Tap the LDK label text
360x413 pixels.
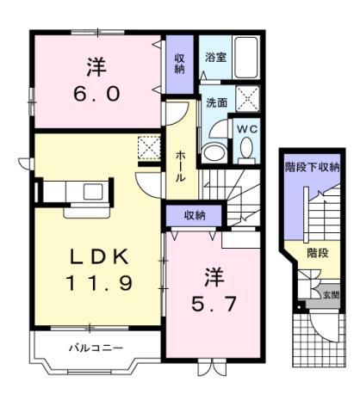tap(98, 256)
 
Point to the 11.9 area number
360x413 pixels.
tap(100, 283)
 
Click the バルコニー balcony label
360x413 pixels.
tap(96, 348)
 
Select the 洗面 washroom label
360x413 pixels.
tap(215, 103)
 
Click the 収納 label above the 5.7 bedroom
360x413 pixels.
tap(194, 215)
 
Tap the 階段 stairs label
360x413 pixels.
tap(318, 253)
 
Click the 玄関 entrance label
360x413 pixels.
tap(330, 294)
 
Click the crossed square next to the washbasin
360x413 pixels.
tap(249, 102)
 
